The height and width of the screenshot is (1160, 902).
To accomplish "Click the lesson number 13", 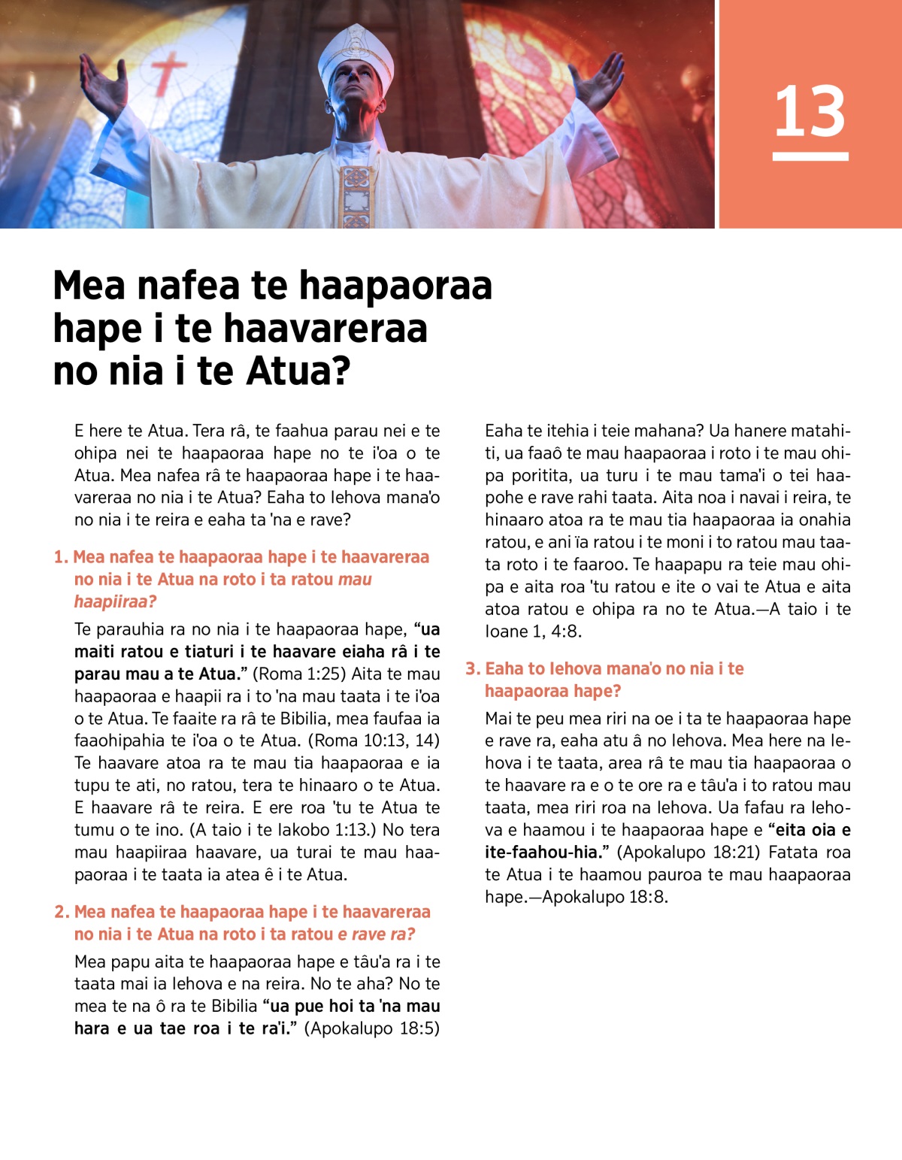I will tap(810, 111).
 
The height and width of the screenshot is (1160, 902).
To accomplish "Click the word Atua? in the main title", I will tap(299, 371).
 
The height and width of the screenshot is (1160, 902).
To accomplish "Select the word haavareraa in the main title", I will tap(325, 329).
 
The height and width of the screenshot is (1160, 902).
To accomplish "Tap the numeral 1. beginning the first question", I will tap(61, 557).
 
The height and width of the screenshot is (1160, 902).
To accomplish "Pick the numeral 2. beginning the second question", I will tap(62, 912).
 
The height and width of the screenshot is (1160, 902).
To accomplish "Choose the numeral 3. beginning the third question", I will tap(473, 668).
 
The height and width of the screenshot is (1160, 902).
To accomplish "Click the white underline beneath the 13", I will tap(810, 156).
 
